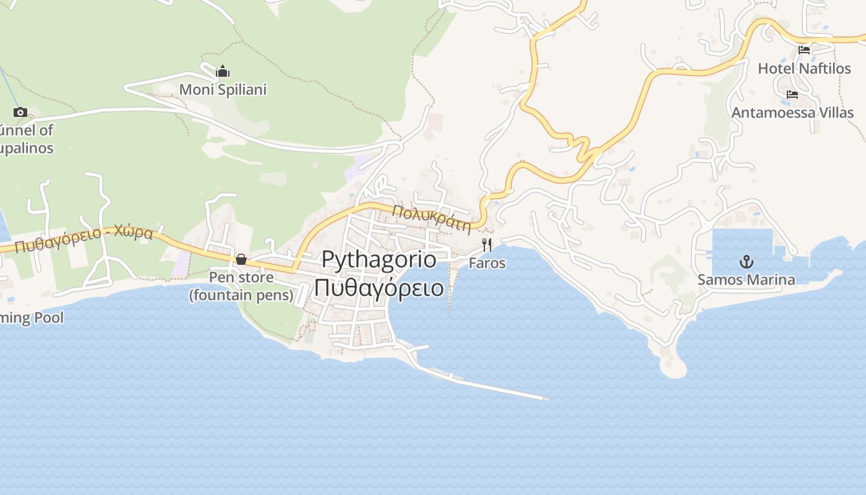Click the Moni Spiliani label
pyautogui.click(x=223, y=90)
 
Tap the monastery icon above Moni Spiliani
pyautogui.click(x=223, y=71)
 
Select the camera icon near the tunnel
pyautogui.click(x=20, y=112)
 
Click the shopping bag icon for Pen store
pyautogui.click(x=241, y=259)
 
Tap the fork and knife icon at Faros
pyautogui.click(x=487, y=245)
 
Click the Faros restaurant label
pyautogui.click(x=487, y=263)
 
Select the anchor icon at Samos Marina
pyautogui.click(x=747, y=262)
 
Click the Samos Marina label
pyautogui.click(x=746, y=280)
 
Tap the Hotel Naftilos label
pyautogui.click(x=804, y=68)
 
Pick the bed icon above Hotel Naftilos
pyautogui.click(x=804, y=50)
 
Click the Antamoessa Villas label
pyautogui.click(x=792, y=113)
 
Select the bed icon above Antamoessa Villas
pyautogui.click(x=792, y=95)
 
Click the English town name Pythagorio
pyautogui.click(x=379, y=260)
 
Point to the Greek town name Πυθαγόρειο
pyautogui.click(x=379, y=288)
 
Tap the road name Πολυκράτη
pyautogui.click(x=431, y=218)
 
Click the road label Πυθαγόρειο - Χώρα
pyautogui.click(x=84, y=239)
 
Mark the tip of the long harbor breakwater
pyautogui.click(x=545, y=398)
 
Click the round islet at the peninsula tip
pyautogui.click(x=673, y=366)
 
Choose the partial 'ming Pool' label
pyautogui.click(x=32, y=318)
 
